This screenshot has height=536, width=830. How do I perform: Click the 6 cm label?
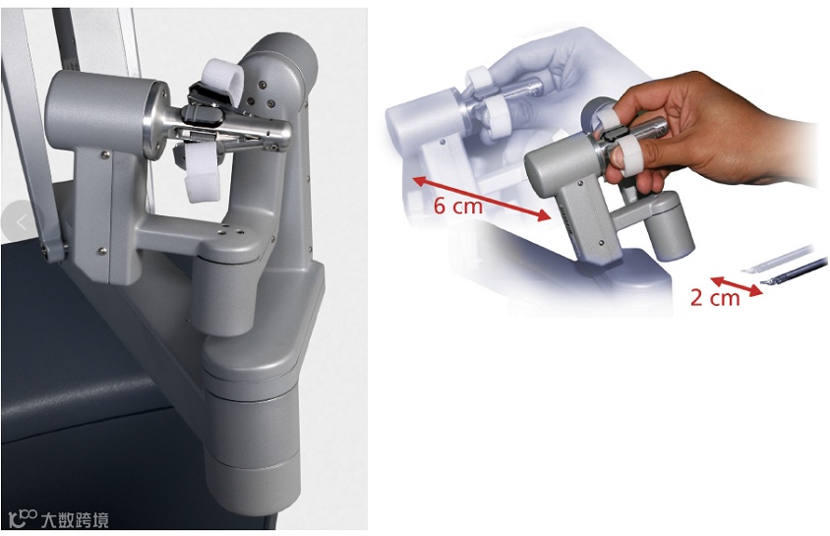tap(458, 206)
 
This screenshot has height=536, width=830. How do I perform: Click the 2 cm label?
tap(715, 298)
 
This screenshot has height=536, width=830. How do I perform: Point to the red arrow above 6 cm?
tap(481, 199)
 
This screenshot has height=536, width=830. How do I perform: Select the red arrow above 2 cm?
tap(737, 286)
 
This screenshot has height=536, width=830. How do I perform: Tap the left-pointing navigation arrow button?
tap(22, 222)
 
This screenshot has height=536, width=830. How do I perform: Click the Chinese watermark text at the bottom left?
tap(75, 520)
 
